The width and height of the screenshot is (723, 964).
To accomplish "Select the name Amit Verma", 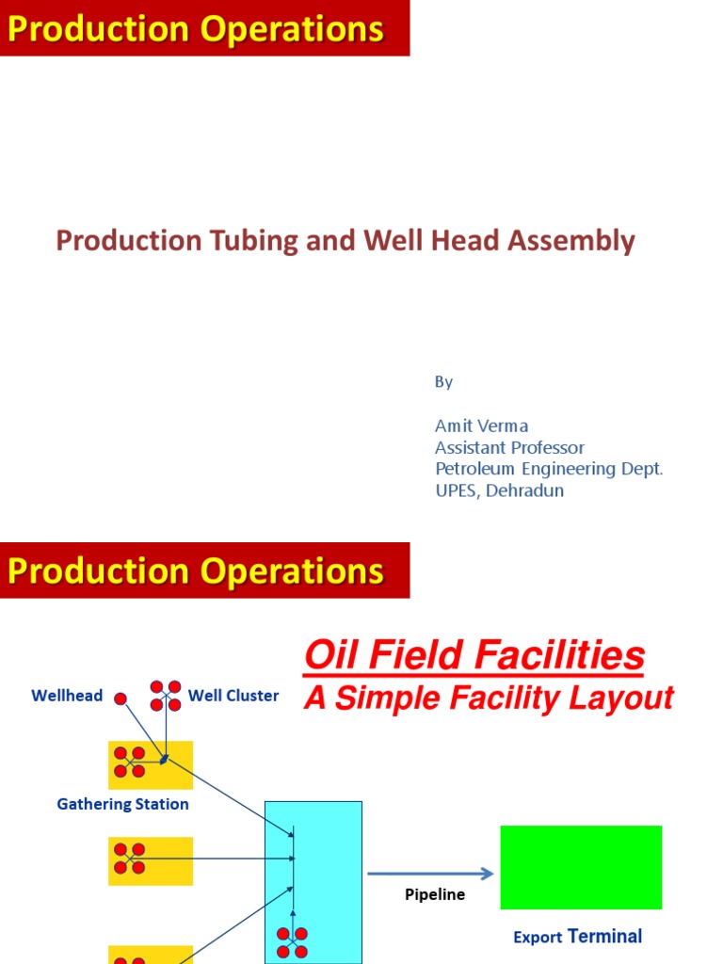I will click(481, 426).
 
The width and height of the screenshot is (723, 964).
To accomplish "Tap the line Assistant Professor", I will click(509, 447).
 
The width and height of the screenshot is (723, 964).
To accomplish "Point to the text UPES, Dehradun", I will click(499, 490).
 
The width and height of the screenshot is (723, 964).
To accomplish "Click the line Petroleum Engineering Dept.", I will click(549, 469).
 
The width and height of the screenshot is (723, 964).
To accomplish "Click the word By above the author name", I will click(443, 382).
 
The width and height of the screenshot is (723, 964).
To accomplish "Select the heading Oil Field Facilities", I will click(474, 656).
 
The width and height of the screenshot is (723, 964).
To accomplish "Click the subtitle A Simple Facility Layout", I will click(488, 698).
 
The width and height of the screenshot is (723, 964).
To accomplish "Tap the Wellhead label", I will click(67, 696).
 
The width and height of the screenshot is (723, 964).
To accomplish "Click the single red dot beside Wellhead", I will click(120, 698).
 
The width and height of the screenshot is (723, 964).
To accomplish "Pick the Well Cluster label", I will click(233, 696).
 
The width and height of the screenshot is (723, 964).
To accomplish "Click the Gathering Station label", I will click(122, 804).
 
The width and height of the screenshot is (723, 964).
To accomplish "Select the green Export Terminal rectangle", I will click(581, 867).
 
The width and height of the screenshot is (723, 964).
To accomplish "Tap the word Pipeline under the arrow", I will click(435, 894).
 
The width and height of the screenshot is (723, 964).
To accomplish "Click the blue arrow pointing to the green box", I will click(429, 874).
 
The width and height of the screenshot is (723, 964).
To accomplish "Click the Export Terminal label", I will click(577, 937).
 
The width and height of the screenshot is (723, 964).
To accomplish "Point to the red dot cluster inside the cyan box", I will click(292, 942).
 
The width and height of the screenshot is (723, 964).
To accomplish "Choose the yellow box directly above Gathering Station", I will click(151, 764).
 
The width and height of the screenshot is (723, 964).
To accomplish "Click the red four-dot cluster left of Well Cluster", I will click(166, 696).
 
